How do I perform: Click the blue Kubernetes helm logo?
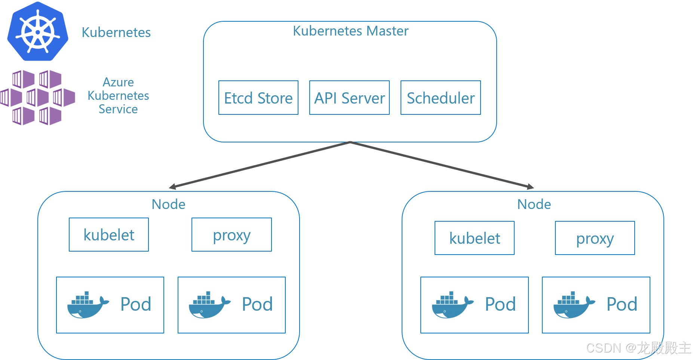[x=38, y=31]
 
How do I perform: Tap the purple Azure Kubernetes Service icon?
[x=37, y=98]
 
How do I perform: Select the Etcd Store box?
[x=258, y=98]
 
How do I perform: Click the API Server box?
[x=349, y=98]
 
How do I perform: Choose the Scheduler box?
[x=441, y=98]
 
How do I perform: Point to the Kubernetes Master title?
[x=350, y=31]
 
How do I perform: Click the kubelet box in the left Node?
[x=109, y=235]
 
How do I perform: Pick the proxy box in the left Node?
[x=231, y=235]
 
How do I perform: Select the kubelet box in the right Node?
[x=475, y=238]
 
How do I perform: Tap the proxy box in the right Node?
[x=595, y=238]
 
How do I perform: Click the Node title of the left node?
[x=168, y=204]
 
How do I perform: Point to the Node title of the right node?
[x=534, y=204]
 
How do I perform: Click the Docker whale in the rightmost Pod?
[x=574, y=305]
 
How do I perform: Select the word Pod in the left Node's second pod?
[x=257, y=304]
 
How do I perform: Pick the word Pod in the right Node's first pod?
[x=500, y=304]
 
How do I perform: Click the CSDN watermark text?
[x=639, y=348]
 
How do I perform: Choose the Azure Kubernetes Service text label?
[x=118, y=96]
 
